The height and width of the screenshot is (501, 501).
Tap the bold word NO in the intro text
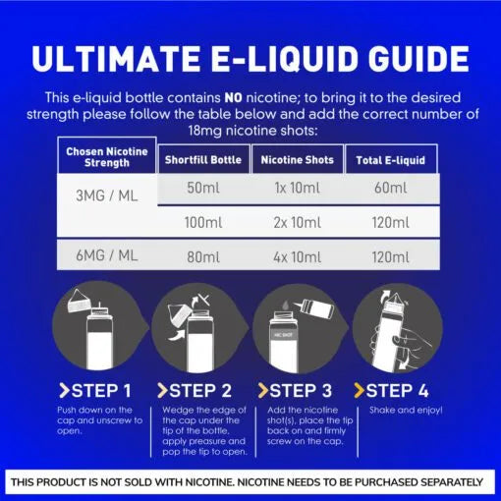(x=233, y=97)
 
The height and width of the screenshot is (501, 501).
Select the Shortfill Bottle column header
(x=203, y=160)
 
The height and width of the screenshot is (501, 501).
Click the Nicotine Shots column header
(x=297, y=160)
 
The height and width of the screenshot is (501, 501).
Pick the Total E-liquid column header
(x=391, y=160)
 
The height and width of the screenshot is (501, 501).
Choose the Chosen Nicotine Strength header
(x=107, y=157)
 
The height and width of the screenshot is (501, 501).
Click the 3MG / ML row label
(x=107, y=195)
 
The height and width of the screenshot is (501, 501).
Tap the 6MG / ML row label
(x=107, y=255)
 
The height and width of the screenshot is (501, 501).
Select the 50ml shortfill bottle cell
(x=203, y=188)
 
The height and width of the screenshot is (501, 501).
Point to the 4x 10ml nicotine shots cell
(x=297, y=257)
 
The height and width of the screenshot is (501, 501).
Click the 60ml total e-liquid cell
(x=391, y=188)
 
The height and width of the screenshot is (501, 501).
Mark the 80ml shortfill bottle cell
(x=203, y=257)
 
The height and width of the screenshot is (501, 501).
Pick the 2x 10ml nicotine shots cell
(x=297, y=223)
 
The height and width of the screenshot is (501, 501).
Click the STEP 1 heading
(x=95, y=391)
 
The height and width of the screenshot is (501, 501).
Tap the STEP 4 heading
(x=391, y=391)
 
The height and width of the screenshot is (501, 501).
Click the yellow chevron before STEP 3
(x=263, y=391)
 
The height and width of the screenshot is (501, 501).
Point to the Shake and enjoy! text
(x=406, y=410)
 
